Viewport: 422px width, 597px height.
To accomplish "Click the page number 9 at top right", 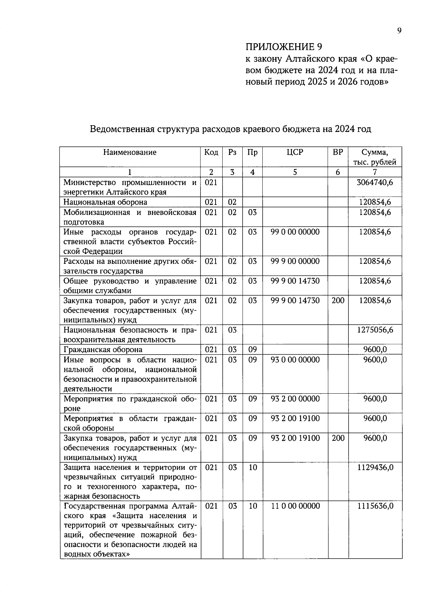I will [x=399, y=31].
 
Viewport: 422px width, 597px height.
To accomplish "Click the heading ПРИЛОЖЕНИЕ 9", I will [x=283, y=47].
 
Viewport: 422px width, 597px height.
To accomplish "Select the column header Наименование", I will [x=130, y=152].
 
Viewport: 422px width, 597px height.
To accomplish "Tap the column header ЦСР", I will [x=295, y=152].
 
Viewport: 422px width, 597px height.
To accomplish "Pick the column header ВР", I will [x=338, y=152].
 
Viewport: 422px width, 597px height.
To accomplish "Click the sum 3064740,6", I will [x=375, y=182].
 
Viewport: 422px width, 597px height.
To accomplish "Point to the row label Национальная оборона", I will [x=105, y=202].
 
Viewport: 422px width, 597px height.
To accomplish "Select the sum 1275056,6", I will [x=375, y=330].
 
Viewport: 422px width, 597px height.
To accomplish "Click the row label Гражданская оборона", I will [x=103, y=349].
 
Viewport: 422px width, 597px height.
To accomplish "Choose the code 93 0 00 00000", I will [x=295, y=360].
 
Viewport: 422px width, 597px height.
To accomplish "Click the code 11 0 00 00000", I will [x=295, y=506].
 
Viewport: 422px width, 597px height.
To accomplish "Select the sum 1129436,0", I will [x=375, y=467].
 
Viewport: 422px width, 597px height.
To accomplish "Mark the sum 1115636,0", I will [x=375, y=506].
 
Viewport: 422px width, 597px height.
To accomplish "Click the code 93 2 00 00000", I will [x=295, y=399].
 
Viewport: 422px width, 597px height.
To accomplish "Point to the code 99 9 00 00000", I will [x=295, y=261].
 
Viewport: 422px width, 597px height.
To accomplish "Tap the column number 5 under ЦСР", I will [x=295, y=172].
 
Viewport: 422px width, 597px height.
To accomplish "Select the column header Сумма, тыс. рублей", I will [x=375, y=157].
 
